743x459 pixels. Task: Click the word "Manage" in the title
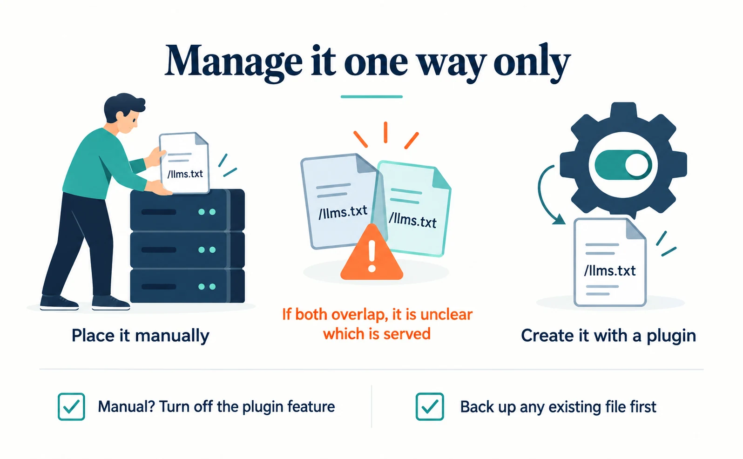(233, 62)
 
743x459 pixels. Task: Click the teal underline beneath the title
(371, 97)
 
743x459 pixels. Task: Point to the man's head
(124, 113)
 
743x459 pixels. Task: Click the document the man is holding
(184, 162)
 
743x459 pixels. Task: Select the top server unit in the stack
(188, 210)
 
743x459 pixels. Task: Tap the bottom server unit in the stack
(188, 286)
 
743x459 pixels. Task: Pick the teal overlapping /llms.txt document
(413, 209)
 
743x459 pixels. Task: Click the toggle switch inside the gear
(623, 165)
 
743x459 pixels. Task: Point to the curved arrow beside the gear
(540, 196)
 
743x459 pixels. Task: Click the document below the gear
(610, 262)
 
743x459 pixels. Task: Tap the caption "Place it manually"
(140, 336)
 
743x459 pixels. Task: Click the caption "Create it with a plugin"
(608, 336)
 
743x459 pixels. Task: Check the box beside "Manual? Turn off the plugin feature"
(71, 406)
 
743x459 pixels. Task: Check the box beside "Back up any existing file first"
(430, 406)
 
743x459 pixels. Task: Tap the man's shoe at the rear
(59, 302)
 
